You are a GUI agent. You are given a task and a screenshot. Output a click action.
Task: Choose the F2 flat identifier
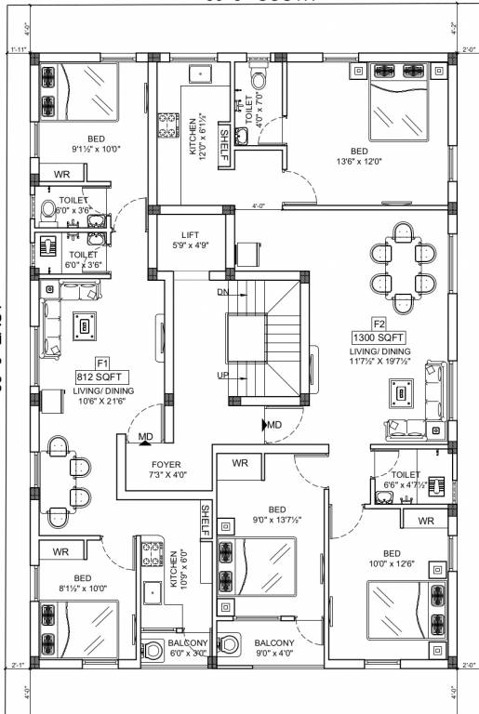pyautogui.click(x=379, y=323)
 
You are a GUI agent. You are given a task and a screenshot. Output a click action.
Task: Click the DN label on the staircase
pyautogui.click(x=221, y=292)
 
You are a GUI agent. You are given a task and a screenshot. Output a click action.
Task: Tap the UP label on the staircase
pyautogui.click(x=221, y=375)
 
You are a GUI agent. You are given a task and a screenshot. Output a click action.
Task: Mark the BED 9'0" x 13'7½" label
pyautogui.click(x=277, y=514)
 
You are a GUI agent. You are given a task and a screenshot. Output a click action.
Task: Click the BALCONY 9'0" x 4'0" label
pyautogui.click(x=274, y=648)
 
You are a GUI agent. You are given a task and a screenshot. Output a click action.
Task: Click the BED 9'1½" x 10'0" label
pyautogui.click(x=89, y=143)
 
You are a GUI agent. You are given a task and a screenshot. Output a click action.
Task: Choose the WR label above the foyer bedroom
pyautogui.click(x=240, y=463)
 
